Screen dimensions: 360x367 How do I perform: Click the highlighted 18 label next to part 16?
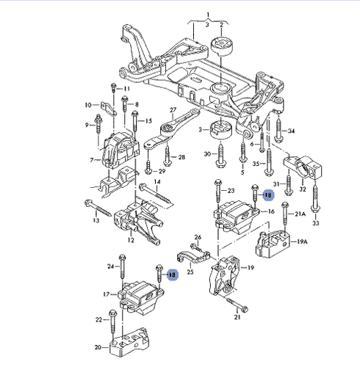click(268, 195)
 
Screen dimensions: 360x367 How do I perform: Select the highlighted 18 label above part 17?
click(172, 275)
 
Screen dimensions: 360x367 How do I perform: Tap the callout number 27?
click(173, 110)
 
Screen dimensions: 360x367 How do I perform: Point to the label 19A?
click(302, 241)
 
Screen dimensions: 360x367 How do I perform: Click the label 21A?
click(300, 214)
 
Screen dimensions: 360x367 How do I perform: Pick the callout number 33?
click(316, 223)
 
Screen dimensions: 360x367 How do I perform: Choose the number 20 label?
click(98, 347)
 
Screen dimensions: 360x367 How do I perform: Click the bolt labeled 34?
click(278, 131)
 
